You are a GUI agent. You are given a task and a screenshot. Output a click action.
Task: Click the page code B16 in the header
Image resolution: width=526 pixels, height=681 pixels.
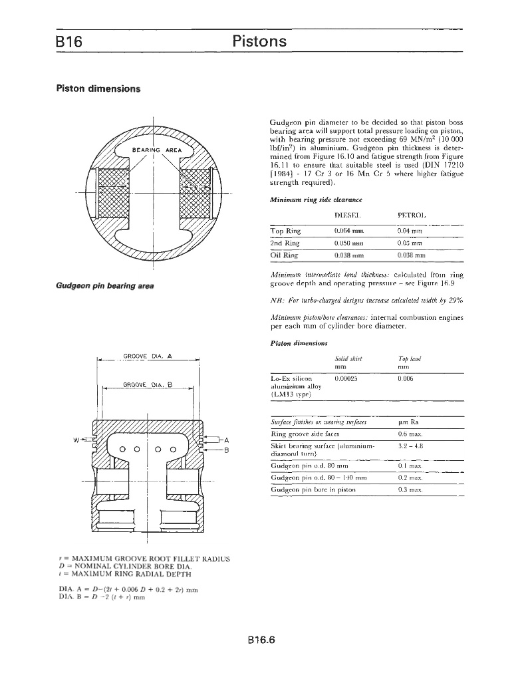[68, 42]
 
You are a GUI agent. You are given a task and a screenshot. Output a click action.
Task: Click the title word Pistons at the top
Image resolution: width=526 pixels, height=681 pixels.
[259, 42]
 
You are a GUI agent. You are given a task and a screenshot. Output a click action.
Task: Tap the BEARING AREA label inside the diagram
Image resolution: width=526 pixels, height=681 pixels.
[157, 150]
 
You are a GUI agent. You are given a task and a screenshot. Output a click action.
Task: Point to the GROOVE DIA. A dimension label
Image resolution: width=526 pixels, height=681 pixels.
[148, 356]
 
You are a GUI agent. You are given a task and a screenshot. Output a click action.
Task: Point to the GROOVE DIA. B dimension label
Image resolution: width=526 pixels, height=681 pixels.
[148, 384]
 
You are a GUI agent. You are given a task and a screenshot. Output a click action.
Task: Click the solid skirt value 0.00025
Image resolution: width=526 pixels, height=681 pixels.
[346, 378]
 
